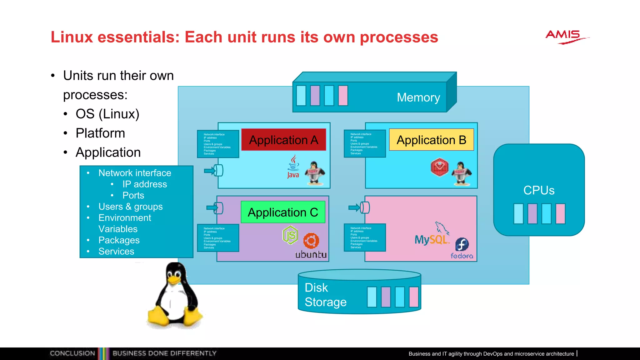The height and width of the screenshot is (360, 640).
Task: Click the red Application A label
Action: click(283, 140)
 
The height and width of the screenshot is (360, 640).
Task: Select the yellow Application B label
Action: click(431, 140)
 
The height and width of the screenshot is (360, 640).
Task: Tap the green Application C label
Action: click(283, 212)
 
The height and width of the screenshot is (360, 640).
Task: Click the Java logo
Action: click(293, 167)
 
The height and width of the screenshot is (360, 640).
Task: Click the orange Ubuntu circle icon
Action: click(311, 241)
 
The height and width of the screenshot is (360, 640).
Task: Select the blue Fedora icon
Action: click(462, 244)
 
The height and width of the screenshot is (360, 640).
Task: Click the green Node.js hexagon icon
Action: click(290, 235)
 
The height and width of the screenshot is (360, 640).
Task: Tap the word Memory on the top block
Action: click(418, 97)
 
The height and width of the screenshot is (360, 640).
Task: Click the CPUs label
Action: click(539, 190)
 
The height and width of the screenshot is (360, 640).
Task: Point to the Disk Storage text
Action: click(325, 295)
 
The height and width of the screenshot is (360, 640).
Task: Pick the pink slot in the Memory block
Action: click(343, 96)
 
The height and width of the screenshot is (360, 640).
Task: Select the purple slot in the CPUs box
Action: click(532, 214)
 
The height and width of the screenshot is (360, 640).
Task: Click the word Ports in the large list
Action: click(133, 195)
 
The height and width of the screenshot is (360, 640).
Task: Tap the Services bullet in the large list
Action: click(116, 251)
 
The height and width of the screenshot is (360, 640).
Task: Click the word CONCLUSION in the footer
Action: click(72, 353)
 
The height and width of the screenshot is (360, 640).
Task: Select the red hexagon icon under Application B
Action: click(439, 167)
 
